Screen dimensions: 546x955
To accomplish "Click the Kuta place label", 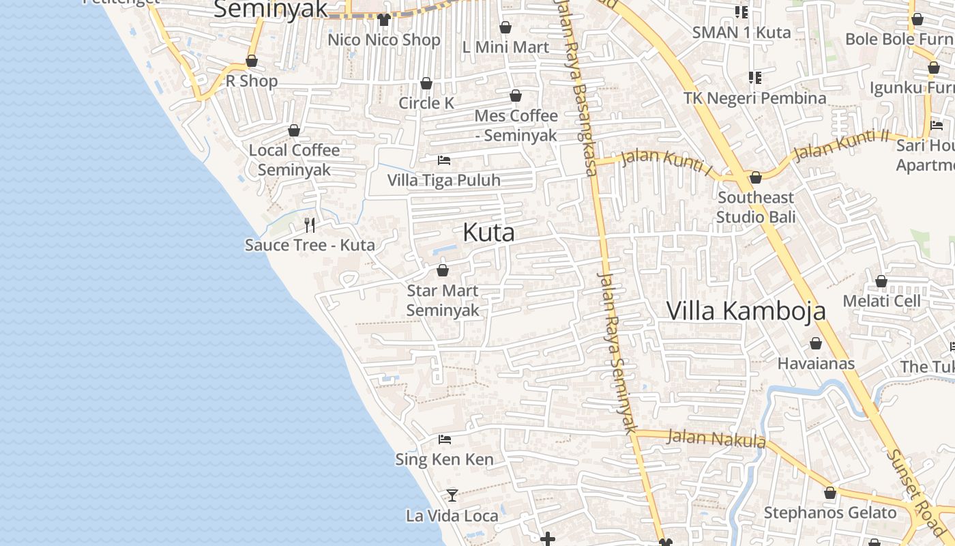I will [488, 233].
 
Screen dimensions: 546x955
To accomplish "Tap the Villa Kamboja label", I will [746, 311].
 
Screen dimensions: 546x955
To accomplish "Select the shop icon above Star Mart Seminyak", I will [443, 270].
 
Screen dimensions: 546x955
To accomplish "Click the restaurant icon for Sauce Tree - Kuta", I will [310, 225].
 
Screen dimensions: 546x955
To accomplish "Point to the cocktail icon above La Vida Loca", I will [452, 495].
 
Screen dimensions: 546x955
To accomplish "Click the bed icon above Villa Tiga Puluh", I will [444, 160].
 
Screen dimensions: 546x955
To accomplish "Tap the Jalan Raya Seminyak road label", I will [617, 352].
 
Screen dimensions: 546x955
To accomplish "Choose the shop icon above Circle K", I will [426, 83].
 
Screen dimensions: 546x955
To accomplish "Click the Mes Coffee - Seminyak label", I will [516, 125].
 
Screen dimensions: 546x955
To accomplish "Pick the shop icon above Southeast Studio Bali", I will [756, 177].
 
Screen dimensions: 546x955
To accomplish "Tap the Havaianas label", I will [816, 363].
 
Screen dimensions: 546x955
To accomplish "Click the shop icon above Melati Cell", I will [881, 281].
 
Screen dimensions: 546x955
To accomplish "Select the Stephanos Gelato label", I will [830, 513].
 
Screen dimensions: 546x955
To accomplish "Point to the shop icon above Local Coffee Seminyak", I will [294, 130].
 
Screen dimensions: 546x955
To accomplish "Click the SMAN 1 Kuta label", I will [741, 32].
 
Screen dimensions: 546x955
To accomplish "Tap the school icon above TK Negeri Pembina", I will [754, 78].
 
